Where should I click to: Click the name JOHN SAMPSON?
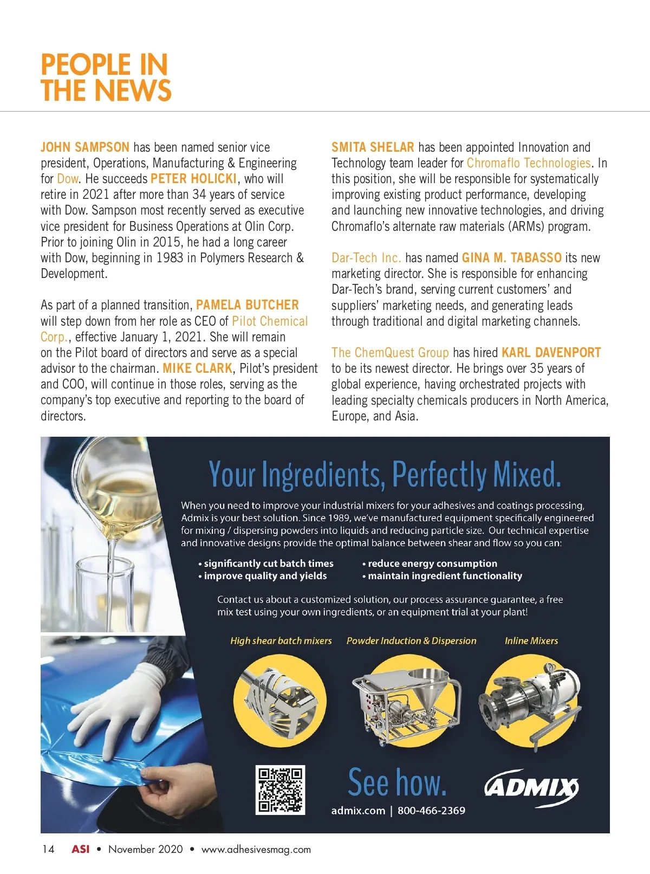85,147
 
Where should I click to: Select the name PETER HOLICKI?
193,179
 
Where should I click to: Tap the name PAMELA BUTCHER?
247,305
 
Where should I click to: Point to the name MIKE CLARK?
197,368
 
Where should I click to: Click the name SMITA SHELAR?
373,147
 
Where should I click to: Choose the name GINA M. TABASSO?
511,258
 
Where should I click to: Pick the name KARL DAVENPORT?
551,353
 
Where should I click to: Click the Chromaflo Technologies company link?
528,163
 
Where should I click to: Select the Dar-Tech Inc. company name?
366,258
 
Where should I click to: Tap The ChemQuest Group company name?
390,353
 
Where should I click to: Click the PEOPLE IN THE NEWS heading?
106,77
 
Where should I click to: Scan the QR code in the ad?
280,789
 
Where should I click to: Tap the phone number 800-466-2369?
431,811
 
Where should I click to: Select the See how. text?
397,782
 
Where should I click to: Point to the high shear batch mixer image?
279,699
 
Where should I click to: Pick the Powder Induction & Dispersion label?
411,640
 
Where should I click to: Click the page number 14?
48,849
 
